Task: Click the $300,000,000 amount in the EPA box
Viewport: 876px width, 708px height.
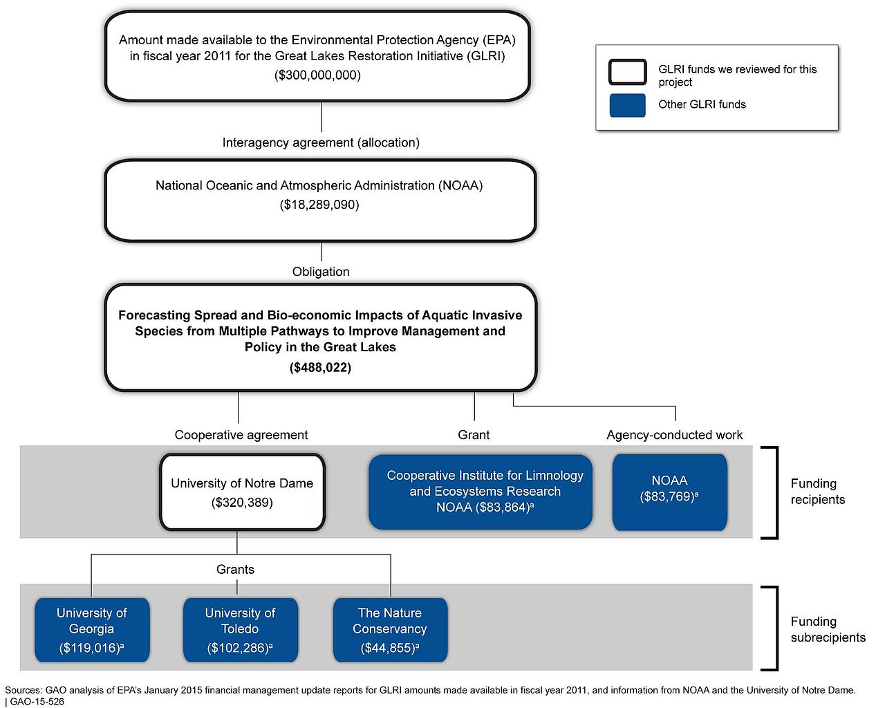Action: coord(317,75)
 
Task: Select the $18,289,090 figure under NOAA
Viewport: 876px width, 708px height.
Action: coord(319,205)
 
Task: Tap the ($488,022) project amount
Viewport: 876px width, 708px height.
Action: coord(320,368)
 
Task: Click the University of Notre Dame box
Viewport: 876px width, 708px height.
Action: coord(242,492)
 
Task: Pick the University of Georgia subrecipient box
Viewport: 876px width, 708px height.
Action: coord(92,630)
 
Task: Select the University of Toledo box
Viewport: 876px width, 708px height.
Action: coord(240,630)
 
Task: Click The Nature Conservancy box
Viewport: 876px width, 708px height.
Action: coord(390,630)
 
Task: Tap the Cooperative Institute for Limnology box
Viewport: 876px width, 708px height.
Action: coord(481,492)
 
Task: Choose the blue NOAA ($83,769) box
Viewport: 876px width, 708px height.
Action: coord(669,492)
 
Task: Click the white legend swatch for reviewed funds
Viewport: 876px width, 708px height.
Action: coord(627,72)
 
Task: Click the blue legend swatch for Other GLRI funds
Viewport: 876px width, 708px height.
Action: coord(627,105)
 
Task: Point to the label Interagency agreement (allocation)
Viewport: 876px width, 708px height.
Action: coord(321,142)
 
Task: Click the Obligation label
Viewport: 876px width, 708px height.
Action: coord(321,272)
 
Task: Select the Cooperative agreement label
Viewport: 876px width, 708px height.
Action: coord(241,435)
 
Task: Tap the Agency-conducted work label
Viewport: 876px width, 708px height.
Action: coord(674,435)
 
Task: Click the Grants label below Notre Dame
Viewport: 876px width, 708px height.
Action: coord(235,569)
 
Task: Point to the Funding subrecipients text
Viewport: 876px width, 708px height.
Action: coord(827,629)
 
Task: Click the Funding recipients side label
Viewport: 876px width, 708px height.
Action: coord(817,492)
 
